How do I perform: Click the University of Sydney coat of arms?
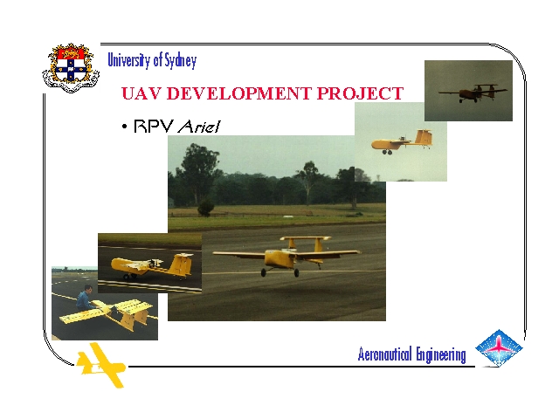[71, 68]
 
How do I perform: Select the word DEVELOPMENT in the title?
[238, 93]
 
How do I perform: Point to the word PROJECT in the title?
[360, 93]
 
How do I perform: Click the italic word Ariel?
[199, 126]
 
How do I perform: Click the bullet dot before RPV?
[124, 127]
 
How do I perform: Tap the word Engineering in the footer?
[441, 355]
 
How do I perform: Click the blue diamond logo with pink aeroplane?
[499, 347]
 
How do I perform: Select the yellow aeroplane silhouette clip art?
[101, 365]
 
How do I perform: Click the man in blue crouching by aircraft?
[85, 298]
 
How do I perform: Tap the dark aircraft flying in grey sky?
[473, 92]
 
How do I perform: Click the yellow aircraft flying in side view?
[402, 141]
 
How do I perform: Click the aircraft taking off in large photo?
[286, 256]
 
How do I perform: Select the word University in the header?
[128, 60]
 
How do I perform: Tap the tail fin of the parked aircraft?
[182, 264]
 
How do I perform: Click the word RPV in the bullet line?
[154, 126]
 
